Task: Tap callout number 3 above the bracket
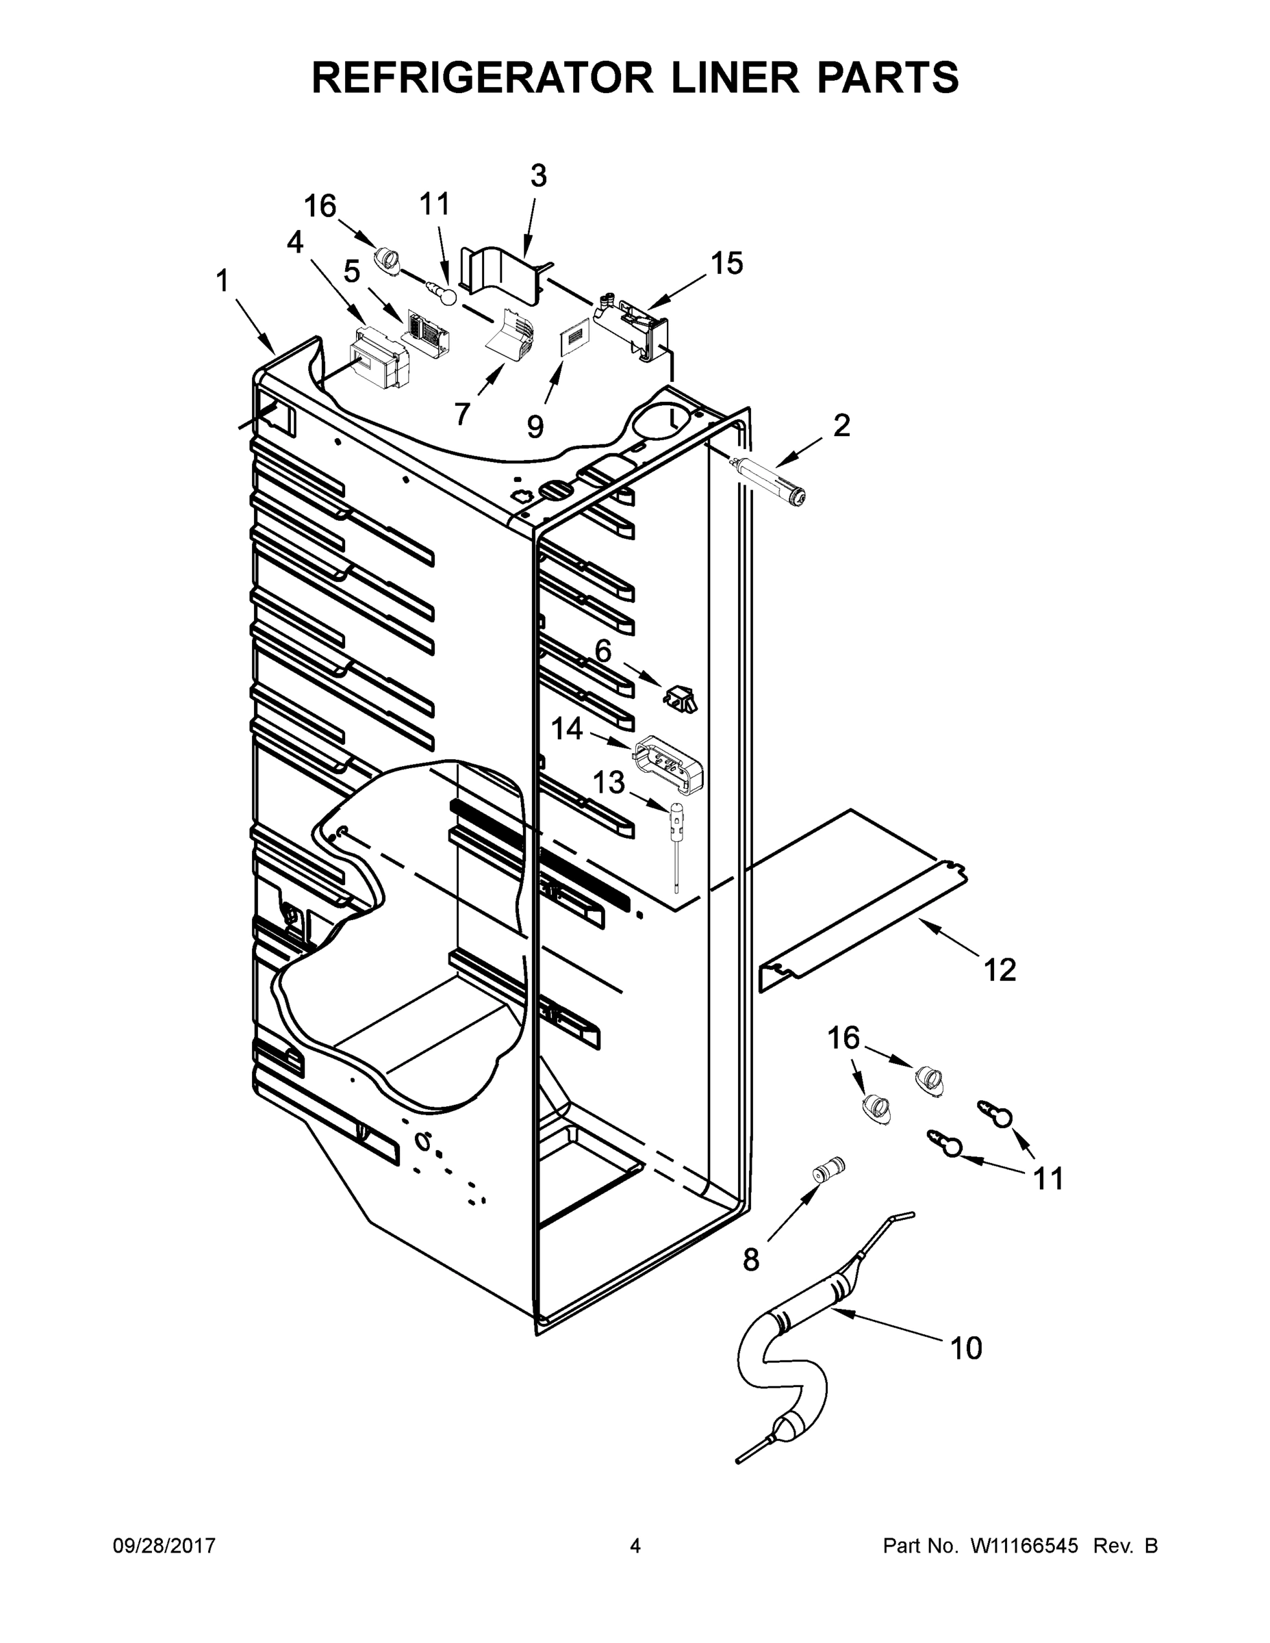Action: pyautogui.click(x=538, y=176)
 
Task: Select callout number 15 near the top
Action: pyautogui.click(x=727, y=264)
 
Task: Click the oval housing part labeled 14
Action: pyautogui.click(x=669, y=764)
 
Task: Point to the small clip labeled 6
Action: pyautogui.click(x=679, y=698)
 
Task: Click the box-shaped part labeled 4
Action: pyautogui.click(x=381, y=359)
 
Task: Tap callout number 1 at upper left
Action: pyautogui.click(x=221, y=281)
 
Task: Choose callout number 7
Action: pyautogui.click(x=462, y=412)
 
